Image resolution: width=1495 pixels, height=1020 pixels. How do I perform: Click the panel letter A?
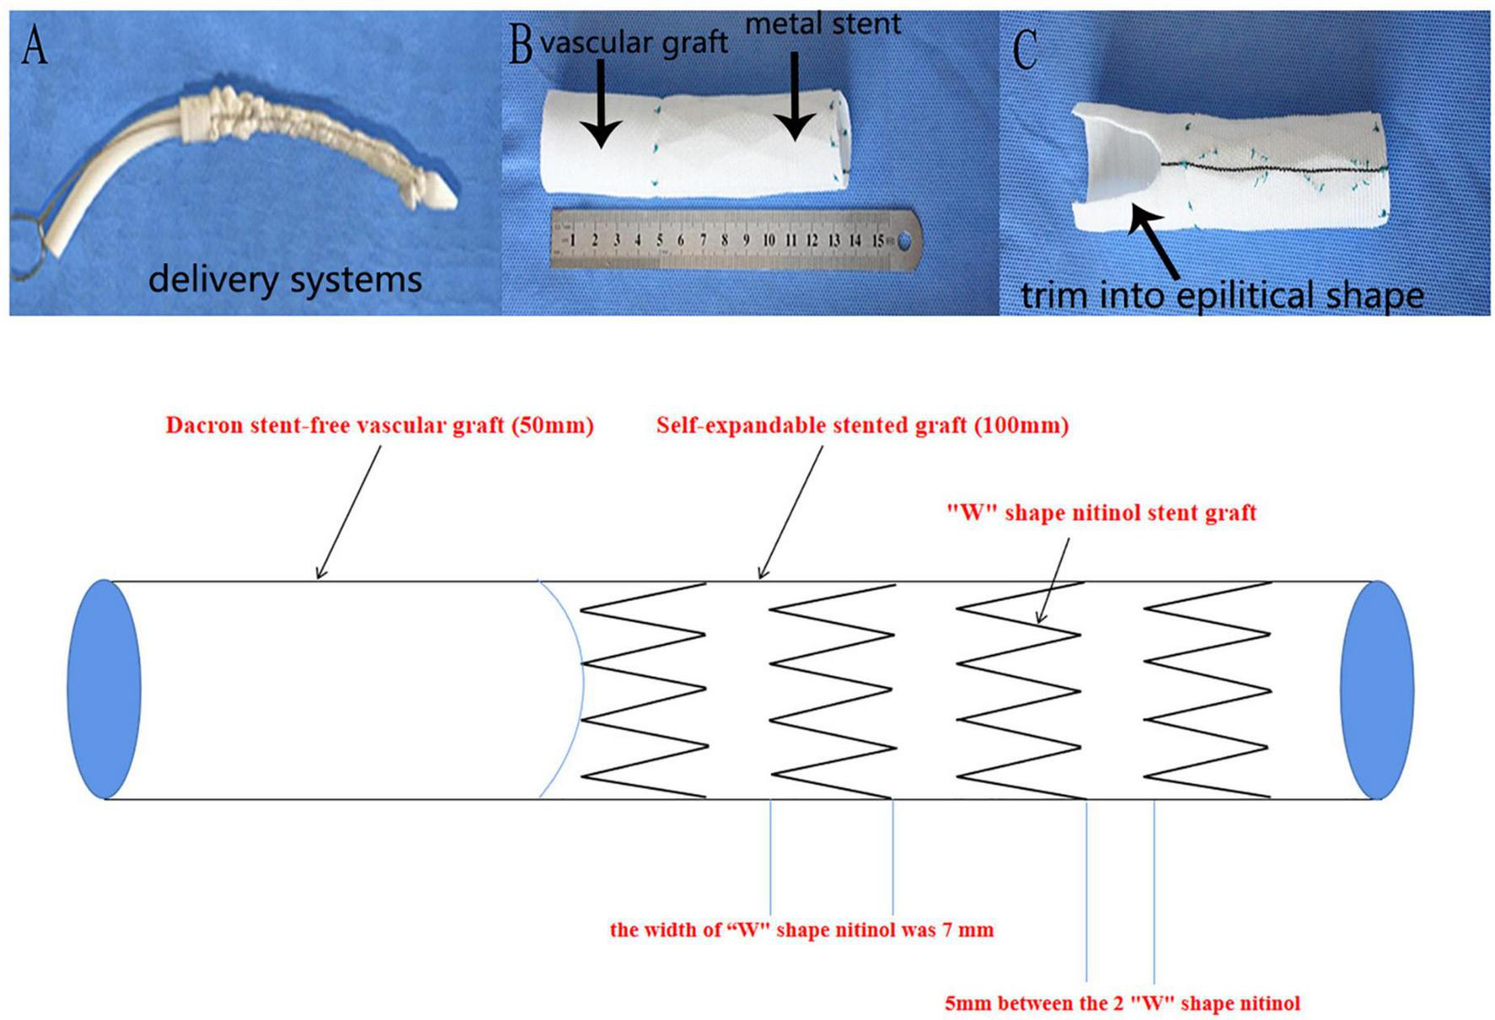(x=35, y=46)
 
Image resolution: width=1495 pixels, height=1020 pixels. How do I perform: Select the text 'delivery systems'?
(x=285, y=278)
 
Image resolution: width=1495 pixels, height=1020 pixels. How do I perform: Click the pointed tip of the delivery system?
(x=446, y=196)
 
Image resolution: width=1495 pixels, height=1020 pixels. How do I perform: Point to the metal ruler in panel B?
(x=734, y=240)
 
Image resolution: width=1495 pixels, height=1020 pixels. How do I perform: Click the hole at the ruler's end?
(x=904, y=242)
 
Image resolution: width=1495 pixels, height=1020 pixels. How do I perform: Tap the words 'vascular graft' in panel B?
(x=634, y=42)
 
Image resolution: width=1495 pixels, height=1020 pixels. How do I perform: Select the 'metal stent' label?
(x=823, y=24)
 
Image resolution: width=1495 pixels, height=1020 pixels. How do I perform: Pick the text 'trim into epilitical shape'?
(x=1222, y=295)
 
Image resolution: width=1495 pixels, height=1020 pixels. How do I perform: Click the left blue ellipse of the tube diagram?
(x=104, y=688)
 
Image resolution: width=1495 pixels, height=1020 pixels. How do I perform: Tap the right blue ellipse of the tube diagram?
(x=1377, y=688)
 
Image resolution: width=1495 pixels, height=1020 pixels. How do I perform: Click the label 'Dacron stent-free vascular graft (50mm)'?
(x=380, y=425)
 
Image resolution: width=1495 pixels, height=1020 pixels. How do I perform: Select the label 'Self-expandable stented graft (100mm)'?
(x=862, y=425)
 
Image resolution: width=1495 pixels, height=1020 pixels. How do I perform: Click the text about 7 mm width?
(x=801, y=930)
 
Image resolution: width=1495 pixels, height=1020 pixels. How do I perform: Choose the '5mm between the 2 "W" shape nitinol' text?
(x=1122, y=1003)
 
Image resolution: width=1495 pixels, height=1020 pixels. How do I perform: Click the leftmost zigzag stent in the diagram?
(x=644, y=690)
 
